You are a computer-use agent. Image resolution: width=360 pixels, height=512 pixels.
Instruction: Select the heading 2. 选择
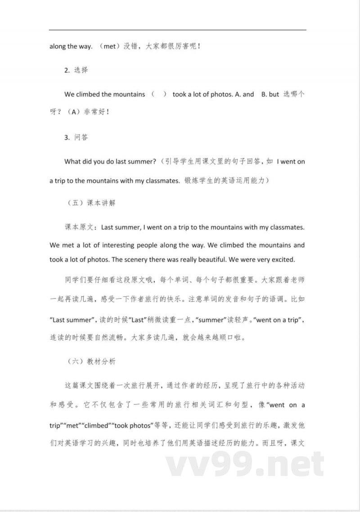(x=76, y=70)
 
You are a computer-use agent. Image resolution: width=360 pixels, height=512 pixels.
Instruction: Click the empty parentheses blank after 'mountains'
(x=159, y=95)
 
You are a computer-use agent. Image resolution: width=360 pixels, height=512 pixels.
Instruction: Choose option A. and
(x=245, y=95)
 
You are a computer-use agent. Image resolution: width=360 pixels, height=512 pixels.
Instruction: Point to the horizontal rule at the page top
(x=178, y=30)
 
